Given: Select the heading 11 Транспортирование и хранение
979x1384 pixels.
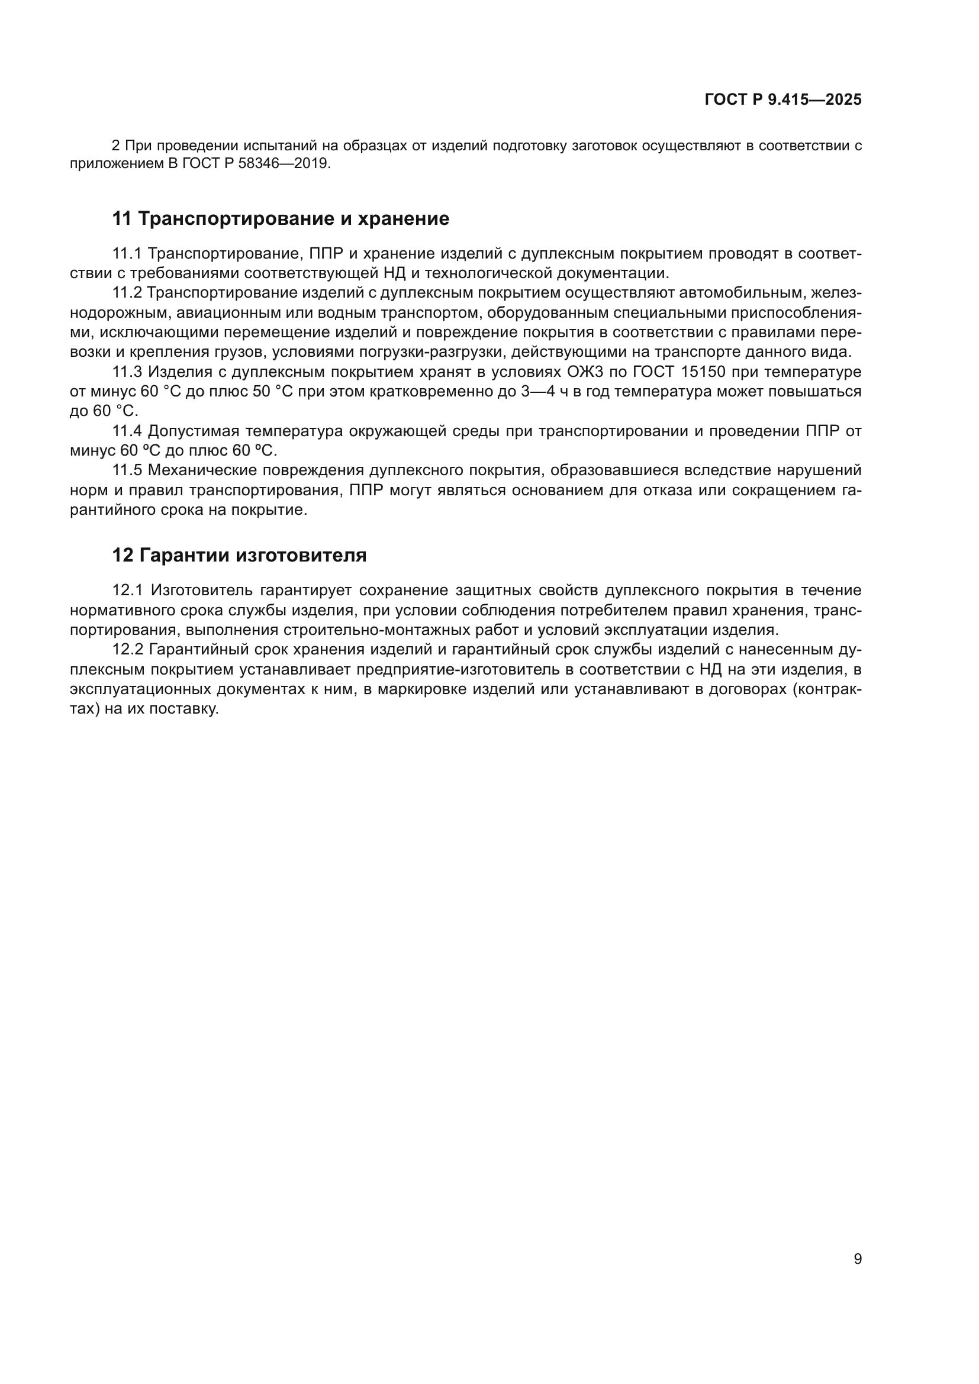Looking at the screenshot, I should point(281,218).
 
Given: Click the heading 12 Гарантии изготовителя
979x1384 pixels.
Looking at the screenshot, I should point(239,554).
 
